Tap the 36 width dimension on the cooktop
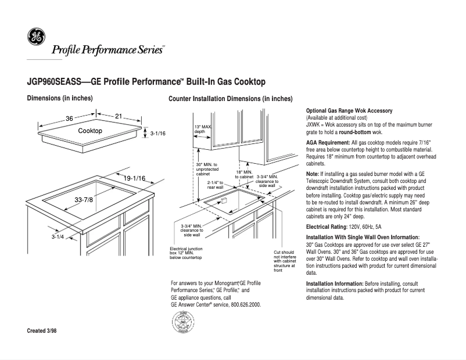pos(69,118)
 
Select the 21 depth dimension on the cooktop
pos(119,117)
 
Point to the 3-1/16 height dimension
pos(158,134)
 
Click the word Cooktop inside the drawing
pos(90,131)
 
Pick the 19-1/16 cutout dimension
pos(134,178)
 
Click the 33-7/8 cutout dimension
pos(84,200)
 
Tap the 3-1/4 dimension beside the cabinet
pos(57,237)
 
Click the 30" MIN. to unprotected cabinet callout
pos(207,169)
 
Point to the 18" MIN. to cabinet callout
pos(243,174)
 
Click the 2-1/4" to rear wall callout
pos(216,185)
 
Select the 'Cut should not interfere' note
pos(285,261)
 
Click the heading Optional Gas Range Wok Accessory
pos(349,111)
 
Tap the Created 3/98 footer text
pos(42,331)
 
